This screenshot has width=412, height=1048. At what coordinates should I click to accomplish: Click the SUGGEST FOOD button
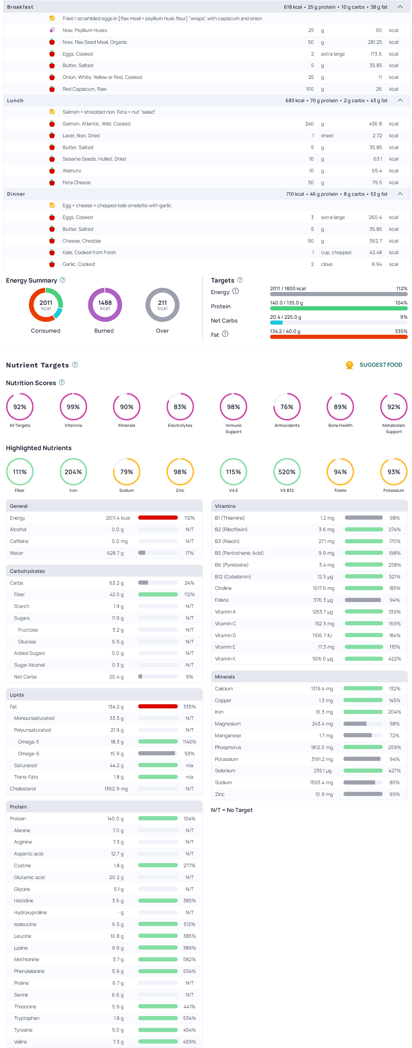click(x=380, y=365)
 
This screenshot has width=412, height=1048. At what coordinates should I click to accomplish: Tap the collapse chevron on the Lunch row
click(x=400, y=100)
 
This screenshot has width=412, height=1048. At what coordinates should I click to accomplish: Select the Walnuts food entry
click(x=72, y=171)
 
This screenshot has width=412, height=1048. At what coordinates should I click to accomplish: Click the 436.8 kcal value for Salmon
click(x=375, y=124)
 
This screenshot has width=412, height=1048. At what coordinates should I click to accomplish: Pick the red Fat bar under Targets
click(x=338, y=337)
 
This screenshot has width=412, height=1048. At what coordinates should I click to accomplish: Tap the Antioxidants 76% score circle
click(x=287, y=407)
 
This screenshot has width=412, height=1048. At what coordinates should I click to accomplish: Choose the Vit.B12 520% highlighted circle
click(x=287, y=472)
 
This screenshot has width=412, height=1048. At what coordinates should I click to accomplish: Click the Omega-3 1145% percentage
click(x=189, y=742)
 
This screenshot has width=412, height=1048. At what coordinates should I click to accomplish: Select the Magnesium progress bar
click(x=362, y=724)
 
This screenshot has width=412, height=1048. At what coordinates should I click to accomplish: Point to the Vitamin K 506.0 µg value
click(x=323, y=659)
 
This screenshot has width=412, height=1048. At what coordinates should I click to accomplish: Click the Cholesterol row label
click(x=23, y=789)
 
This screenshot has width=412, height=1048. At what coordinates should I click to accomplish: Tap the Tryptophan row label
click(x=26, y=1018)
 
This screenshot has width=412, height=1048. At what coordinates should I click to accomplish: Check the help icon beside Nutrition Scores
click(x=62, y=382)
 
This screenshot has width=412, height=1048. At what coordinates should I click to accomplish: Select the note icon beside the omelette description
click(x=52, y=205)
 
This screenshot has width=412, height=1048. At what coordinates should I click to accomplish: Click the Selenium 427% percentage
click(x=394, y=771)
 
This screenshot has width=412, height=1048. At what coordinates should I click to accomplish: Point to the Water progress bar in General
click(x=158, y=553)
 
